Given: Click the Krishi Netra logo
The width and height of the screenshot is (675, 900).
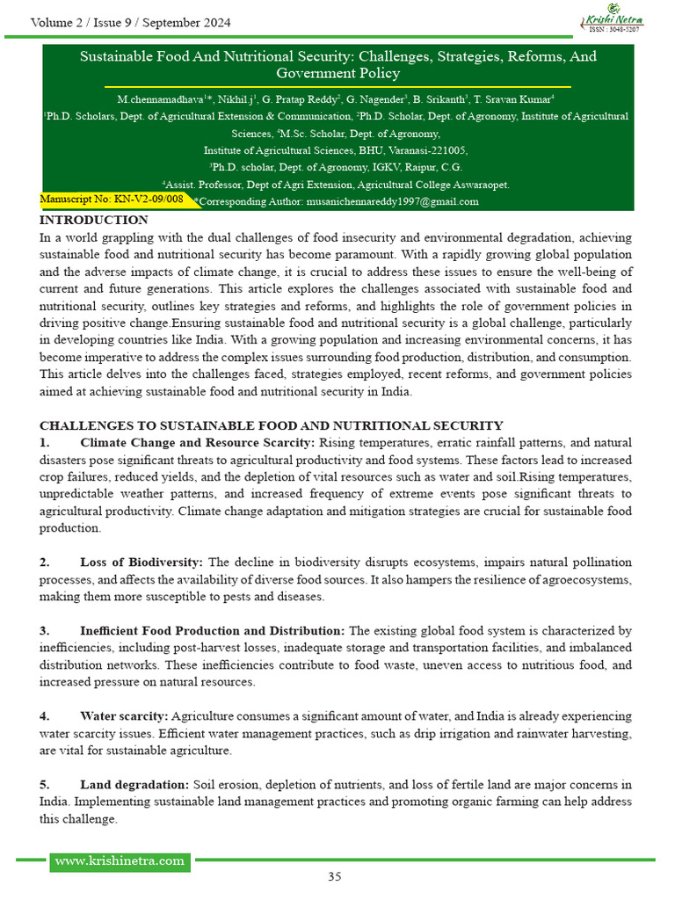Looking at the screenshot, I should (x=612, y=16).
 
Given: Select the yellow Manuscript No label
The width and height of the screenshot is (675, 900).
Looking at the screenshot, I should (x=112, y=200).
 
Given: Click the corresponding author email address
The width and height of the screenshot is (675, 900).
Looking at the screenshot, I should (x=392, y=201).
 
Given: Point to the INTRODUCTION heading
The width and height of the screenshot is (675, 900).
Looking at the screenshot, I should (x=94, y=220).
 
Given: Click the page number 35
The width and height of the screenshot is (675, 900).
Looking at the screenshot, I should (x=335, y=876).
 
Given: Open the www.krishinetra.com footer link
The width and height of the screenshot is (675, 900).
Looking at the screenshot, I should (x=120, y=860).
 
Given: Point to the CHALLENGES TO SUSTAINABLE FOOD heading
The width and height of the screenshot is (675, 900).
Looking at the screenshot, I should (x=272, y=426).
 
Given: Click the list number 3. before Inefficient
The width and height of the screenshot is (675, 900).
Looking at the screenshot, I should (x=45, y=631).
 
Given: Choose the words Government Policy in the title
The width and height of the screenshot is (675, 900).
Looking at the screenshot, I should (x=337, y=74).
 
